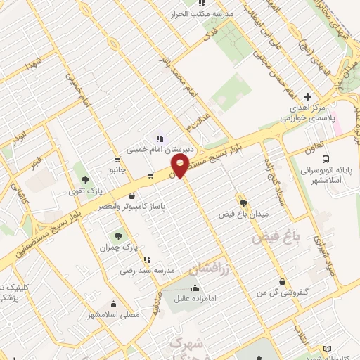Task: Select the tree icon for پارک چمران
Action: coord(117,236)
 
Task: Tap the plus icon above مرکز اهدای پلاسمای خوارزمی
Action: coord(306,96)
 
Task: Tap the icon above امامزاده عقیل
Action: coord(195,287)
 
